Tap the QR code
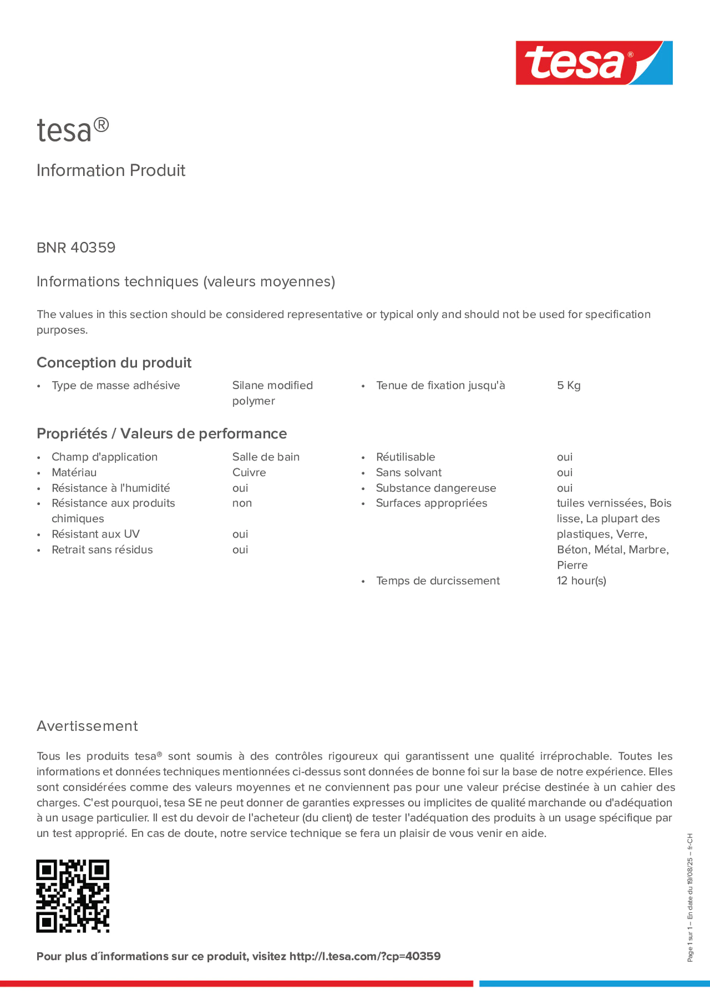pyautogui.click(x=73, y=896)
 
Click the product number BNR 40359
pyautogui.click(x=76, y=248)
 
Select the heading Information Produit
pyautogui.click(x=111, y=170)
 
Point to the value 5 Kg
pyautogui.click(x=568, y=385)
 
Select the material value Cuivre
pyautogui.click(x=249, y=472)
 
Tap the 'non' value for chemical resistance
pyautogui.click(x=242, y=503)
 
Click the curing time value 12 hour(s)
pyautogui.click(x=581, y=581)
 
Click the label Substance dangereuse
pyautogui.click(x=436, y=488)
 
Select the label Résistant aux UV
pyautogui.click(x=96, y=534)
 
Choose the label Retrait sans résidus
pyautogui.click(x=102, y=549)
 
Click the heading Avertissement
pyautogui.click(x=87, y=726)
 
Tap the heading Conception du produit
pyautogui.click(x=114, y=362)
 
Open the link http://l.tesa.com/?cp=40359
pyautogui.click(x=365, y=956)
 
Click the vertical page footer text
pyautogui.click(x=690, y=897)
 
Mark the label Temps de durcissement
pyautogui.click(x=437, y=581)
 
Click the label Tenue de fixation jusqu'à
pyautogui.click(x=440, y=385)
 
